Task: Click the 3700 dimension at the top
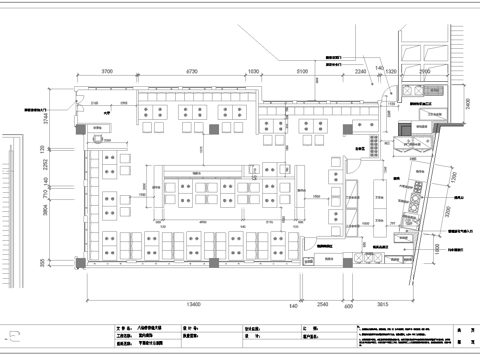coord(111,72)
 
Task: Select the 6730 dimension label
coord(191,72)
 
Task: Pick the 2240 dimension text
coord(360,72)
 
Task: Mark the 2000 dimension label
coord(424,72)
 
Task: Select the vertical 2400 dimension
coord(466,103)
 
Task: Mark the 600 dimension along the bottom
coord(349,306)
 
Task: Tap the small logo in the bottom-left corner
coord(13,339)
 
